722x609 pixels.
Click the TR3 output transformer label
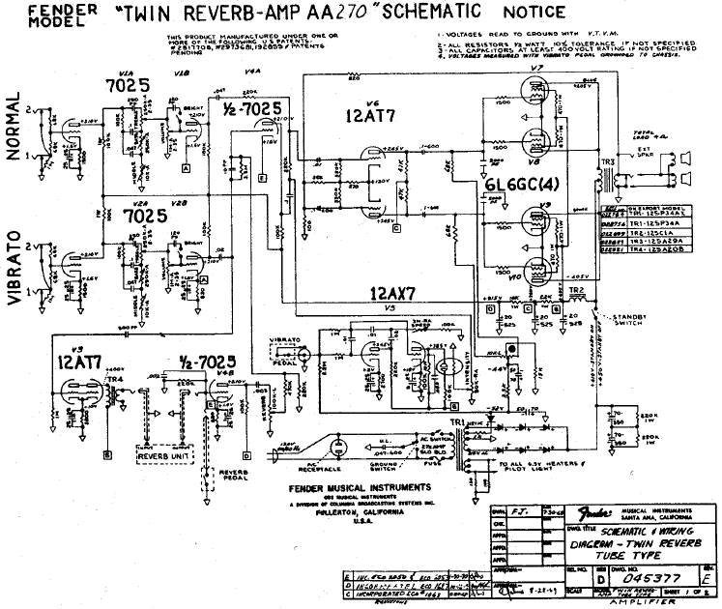609,160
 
